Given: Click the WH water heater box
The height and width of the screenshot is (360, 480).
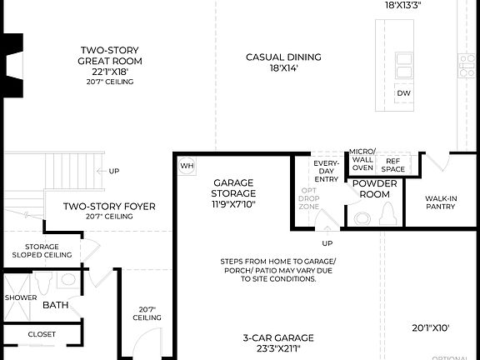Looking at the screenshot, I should (187, 165).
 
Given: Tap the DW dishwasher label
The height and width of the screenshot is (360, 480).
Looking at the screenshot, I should (404, 93).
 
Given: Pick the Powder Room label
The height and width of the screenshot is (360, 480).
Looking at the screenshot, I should (371, 188).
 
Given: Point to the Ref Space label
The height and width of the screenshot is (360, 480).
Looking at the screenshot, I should (393, 164).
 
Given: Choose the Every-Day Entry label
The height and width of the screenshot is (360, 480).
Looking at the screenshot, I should (324, 170).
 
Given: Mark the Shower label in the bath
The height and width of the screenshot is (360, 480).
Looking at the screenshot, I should (20, 297).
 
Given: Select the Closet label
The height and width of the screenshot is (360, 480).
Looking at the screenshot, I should (42, 334).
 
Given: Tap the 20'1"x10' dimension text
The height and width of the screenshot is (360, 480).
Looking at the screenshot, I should (431, 328).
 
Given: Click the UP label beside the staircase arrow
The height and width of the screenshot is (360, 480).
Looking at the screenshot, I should (114, 171).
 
